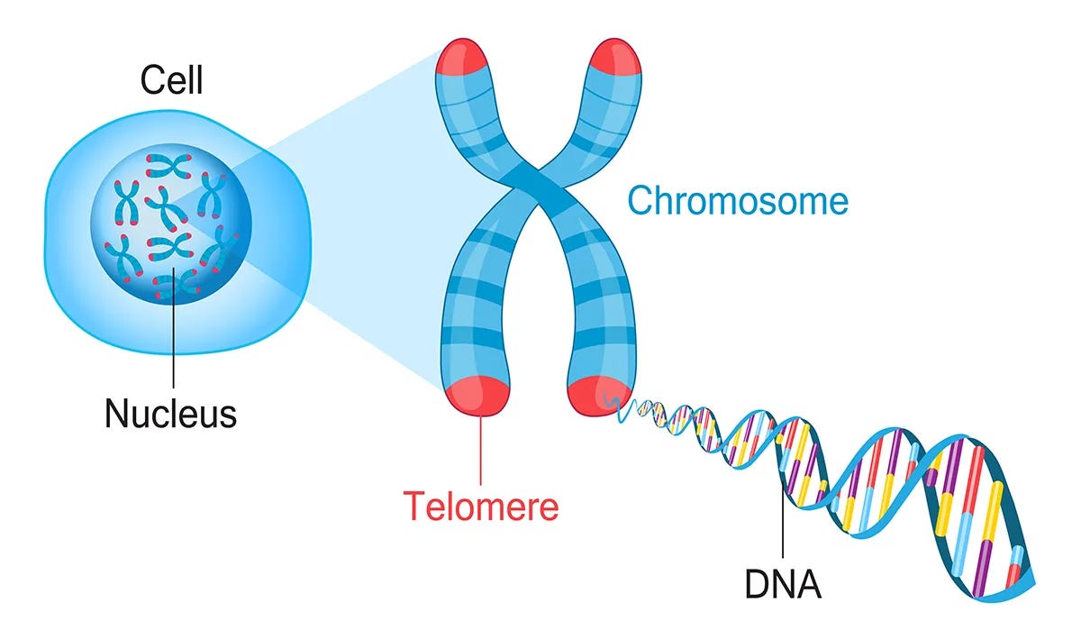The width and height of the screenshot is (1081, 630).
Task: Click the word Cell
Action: pyautogui.click(x=171, y=81)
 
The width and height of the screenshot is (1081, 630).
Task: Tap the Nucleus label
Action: pyautogui.click(x=171, y=414)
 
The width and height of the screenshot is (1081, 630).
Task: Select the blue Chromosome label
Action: pyautogui.click(x=738, y=200)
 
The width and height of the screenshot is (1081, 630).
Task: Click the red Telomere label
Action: pyautogui.click(x=480, y=506)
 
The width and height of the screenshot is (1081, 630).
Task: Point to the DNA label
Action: pyautogui.click(x=783, y=584)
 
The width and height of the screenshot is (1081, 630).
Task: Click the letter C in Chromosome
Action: pyautogui.click(x=640, y=201)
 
